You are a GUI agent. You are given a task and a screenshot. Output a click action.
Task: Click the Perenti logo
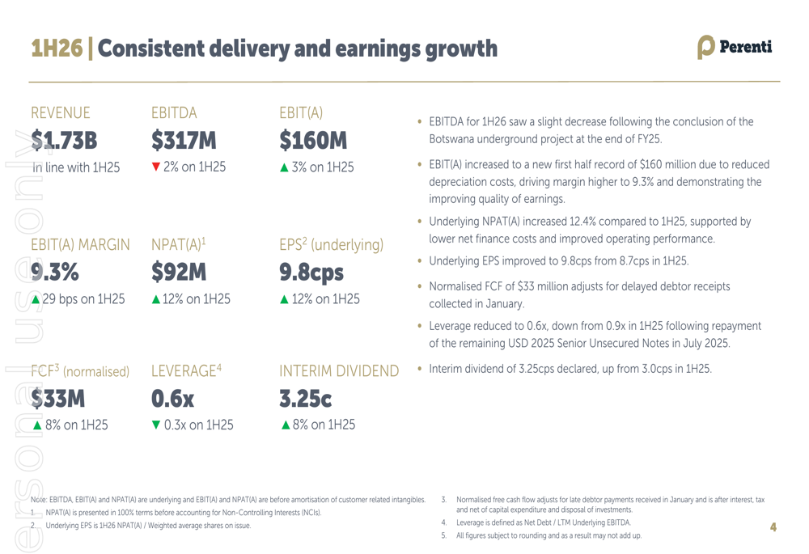735,48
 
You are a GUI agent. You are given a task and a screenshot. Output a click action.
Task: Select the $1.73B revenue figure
64,142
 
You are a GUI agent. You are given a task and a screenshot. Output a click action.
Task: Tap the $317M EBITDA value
184,142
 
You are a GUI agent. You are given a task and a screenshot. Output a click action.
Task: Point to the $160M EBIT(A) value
313,142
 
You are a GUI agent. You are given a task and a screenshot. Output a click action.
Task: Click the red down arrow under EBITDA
156,167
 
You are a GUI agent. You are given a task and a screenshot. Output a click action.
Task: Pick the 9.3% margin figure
54,273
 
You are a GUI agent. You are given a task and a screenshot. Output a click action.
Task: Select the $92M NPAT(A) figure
179,273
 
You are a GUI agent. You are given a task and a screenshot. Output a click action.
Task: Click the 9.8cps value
311,273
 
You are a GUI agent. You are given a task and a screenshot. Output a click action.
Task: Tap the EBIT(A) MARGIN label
80,244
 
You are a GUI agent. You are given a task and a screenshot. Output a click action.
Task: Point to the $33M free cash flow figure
57,399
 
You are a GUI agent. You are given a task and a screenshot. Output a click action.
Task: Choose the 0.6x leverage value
173,399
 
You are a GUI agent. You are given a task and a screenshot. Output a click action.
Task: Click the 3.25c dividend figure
306,399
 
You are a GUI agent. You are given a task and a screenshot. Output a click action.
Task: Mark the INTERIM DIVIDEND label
339,371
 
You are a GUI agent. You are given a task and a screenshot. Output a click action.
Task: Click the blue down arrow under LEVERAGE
156,425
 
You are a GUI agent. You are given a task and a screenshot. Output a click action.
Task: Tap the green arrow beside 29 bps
35,299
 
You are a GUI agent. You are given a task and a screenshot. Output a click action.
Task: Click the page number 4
773,527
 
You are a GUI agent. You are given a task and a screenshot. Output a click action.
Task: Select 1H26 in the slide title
57,49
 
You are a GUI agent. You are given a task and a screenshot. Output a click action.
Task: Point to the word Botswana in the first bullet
454,139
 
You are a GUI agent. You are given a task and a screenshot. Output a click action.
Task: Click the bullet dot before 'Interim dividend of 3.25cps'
420,369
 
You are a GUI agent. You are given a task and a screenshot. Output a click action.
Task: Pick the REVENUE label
61,113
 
